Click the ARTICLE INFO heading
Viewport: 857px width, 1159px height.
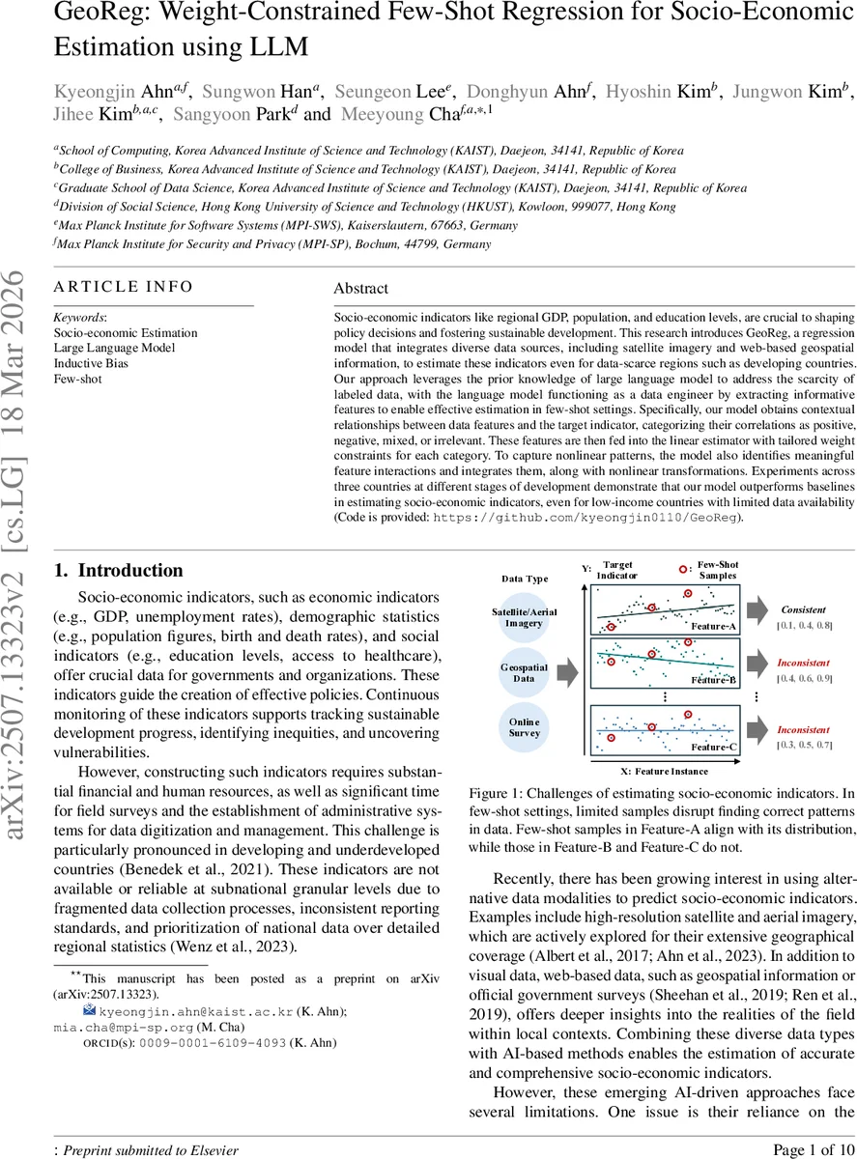point(123,287)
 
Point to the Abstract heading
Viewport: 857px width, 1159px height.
point(360,288)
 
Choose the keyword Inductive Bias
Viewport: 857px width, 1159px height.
point(91,363)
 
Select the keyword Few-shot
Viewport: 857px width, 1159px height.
point(76,379)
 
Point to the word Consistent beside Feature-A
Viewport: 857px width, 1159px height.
point(804,610)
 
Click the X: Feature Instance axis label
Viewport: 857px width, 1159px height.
point(664,772)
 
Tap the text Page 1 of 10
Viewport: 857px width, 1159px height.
point(814,1149)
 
